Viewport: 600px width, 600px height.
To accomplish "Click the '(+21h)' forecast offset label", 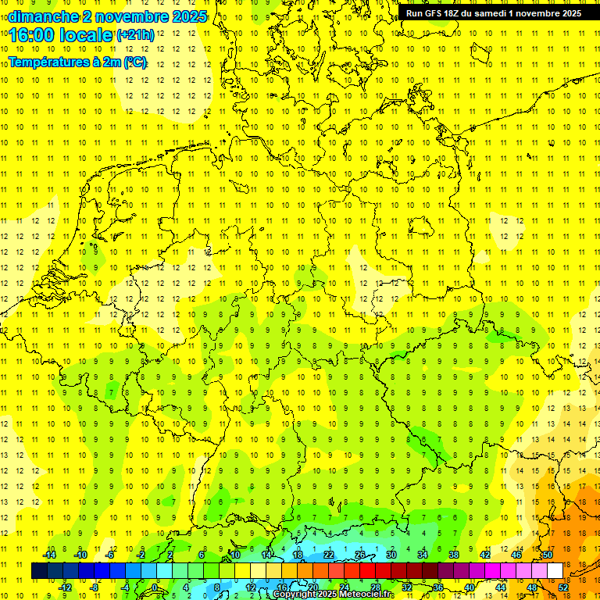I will (136, 34).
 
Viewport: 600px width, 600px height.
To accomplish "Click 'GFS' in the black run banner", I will (435, 13).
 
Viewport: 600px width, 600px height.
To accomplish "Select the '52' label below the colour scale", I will (563, 587).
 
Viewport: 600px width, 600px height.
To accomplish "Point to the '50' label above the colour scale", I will (548, 555).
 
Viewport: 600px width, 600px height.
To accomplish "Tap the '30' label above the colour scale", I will (391, 555).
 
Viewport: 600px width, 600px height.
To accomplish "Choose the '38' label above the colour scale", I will (454, 555).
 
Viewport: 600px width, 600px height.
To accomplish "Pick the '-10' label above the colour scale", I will (80, 555).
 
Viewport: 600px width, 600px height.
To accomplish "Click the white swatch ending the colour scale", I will (555, 570).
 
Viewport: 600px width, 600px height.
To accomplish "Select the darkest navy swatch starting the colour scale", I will (39, 570).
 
